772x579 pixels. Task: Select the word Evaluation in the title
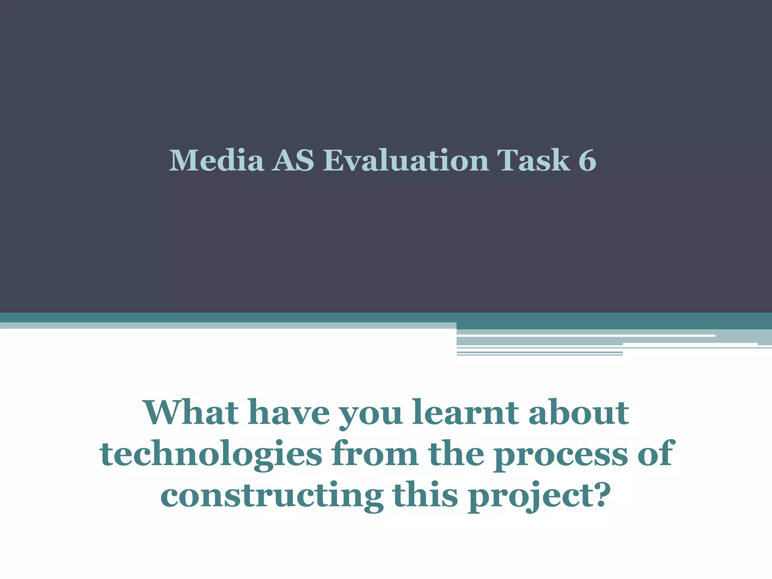(x=406, y=161)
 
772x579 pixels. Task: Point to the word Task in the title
(x=533, y=161)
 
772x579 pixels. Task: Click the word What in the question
(x=191, y=412)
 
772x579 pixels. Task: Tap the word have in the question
(x=288, y=412)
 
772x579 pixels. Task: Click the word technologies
(x=211, y=454)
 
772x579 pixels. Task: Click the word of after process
(x=656, y=454)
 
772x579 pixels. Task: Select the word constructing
(x=272, y=496)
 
